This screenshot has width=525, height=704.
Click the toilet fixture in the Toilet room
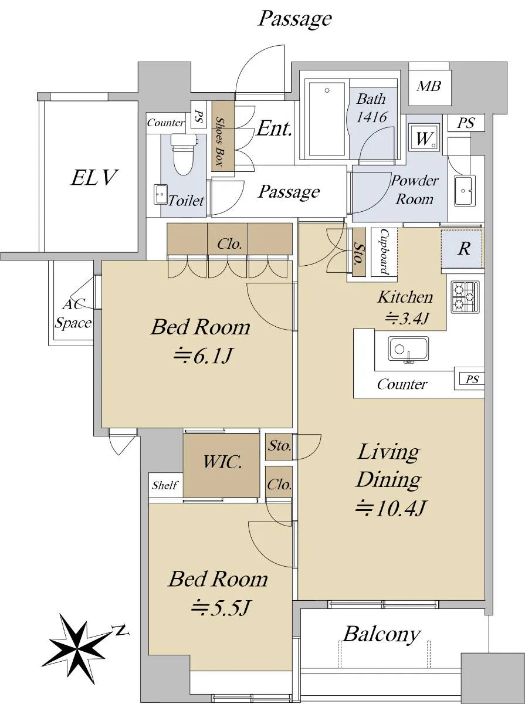pyautogui.click(x=184, y=154)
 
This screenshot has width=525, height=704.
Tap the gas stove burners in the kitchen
pyautogui.click(x=465, y=297)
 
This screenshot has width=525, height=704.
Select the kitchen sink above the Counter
pyautogui.click(x=408, y=349)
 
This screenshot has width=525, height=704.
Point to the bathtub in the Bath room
pyautogui.click(x=327, y=119)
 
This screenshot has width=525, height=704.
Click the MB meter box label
pyautogui.click(x=429, y=86)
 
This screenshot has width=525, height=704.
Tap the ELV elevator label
pyautogui.click(x=94, y=177)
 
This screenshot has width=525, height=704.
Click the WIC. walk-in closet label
pyautogui.click(x=222, y=462)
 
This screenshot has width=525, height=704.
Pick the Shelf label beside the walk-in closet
pyautogui.click(x=164, y=485)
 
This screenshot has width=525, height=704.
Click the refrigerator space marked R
pyautogui.click(x=462, y=249)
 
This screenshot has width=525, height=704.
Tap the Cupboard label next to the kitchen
pyautogui.click(x=384, y=252)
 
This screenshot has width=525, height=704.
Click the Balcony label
pyautogui.click(x=382, y=635)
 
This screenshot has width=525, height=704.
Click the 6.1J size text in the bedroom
pyautogui.click(x=202, y=356)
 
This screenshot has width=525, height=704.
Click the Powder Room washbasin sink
pyautogui.click(x=465, y=191)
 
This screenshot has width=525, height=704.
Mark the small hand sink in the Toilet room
pyautogui.click(x=160, y=194)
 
